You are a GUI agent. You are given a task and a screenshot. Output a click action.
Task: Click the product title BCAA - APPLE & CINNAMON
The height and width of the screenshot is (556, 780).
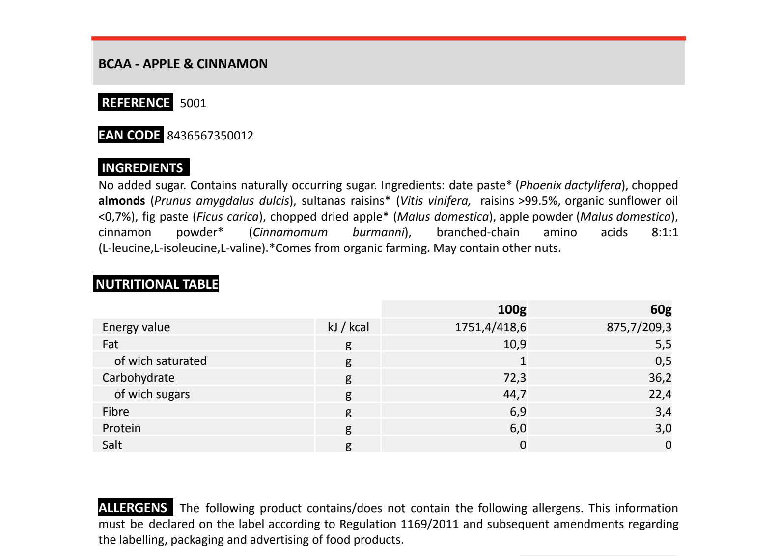(183, 64)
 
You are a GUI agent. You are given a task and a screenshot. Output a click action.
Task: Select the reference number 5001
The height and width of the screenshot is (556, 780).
(193, 103)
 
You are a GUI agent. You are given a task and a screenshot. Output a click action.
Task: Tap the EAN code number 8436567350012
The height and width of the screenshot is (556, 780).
(210, 136)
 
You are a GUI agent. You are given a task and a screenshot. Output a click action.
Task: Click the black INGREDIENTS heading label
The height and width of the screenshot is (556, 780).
(142, 168)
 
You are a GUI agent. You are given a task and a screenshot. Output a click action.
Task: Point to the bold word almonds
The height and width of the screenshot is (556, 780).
(122, 201)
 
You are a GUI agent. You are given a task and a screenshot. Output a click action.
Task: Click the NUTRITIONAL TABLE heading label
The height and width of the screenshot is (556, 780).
(156, 284)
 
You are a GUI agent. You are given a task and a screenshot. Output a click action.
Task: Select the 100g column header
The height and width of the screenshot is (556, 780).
(512, 309)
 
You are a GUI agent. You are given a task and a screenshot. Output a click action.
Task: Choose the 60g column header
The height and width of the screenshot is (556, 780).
(661, 309)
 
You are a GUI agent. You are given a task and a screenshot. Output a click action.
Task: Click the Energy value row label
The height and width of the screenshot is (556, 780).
(136, 327)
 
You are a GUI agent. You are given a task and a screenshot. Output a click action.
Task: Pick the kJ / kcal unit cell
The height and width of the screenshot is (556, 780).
(348, 327)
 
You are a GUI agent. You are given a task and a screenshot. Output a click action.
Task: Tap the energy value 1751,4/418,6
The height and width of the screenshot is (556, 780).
(490, 327)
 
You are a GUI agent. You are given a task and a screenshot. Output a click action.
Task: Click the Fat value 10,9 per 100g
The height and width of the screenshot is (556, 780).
(515, 344)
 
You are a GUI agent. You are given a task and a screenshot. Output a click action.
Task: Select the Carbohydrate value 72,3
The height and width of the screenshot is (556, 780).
(515, 378)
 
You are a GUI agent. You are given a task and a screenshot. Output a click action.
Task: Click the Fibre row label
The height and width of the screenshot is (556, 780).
(116, 412)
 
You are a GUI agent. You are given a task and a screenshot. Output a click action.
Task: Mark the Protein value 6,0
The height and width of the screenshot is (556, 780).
(518, 428)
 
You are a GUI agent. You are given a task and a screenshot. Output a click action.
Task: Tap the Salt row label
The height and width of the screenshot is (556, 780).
(112, 445)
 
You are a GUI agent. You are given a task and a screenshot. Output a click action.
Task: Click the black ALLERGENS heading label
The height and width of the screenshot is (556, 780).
(134, 508)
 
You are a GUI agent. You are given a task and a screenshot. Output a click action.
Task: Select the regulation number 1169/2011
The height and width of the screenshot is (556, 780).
(430, 524)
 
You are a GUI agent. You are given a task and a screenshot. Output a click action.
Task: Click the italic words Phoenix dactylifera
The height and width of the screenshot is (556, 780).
(570, 185)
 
